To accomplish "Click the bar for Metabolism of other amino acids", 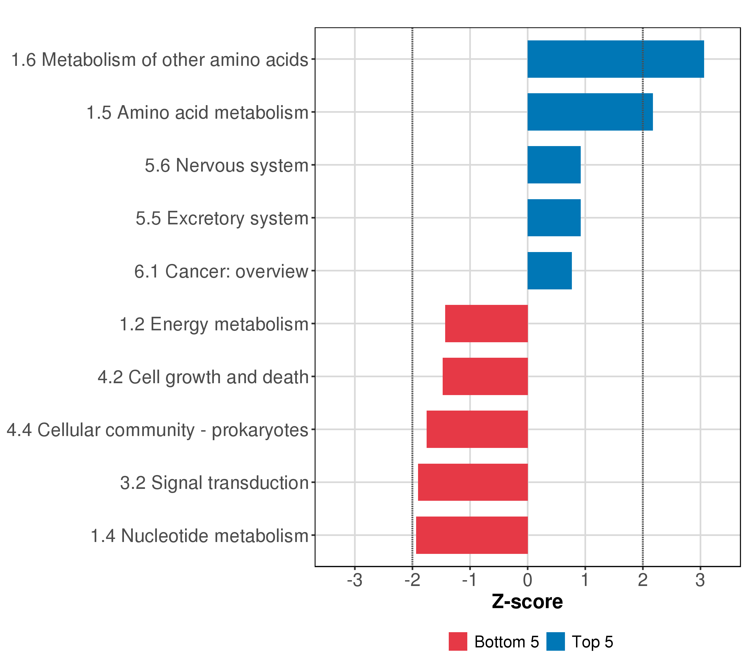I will point(615,59).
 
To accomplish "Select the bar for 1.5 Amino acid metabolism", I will point(590,112).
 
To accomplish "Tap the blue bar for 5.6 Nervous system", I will point(554,165).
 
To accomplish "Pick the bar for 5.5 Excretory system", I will point(554,218).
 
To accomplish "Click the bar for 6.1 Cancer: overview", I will point(549,271).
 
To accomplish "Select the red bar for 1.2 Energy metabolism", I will point(486,323).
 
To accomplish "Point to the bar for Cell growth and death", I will point(485,376).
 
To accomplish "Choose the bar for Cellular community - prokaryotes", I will point(477,429).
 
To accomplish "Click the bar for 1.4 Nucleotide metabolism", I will point(471,535).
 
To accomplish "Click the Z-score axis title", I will point(527,602).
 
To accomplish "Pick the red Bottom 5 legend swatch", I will point(458,642).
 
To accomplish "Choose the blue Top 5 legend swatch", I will point(556,642).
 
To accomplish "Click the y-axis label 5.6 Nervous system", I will point(227,165).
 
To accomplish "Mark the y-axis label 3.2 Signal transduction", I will point(214,483).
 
